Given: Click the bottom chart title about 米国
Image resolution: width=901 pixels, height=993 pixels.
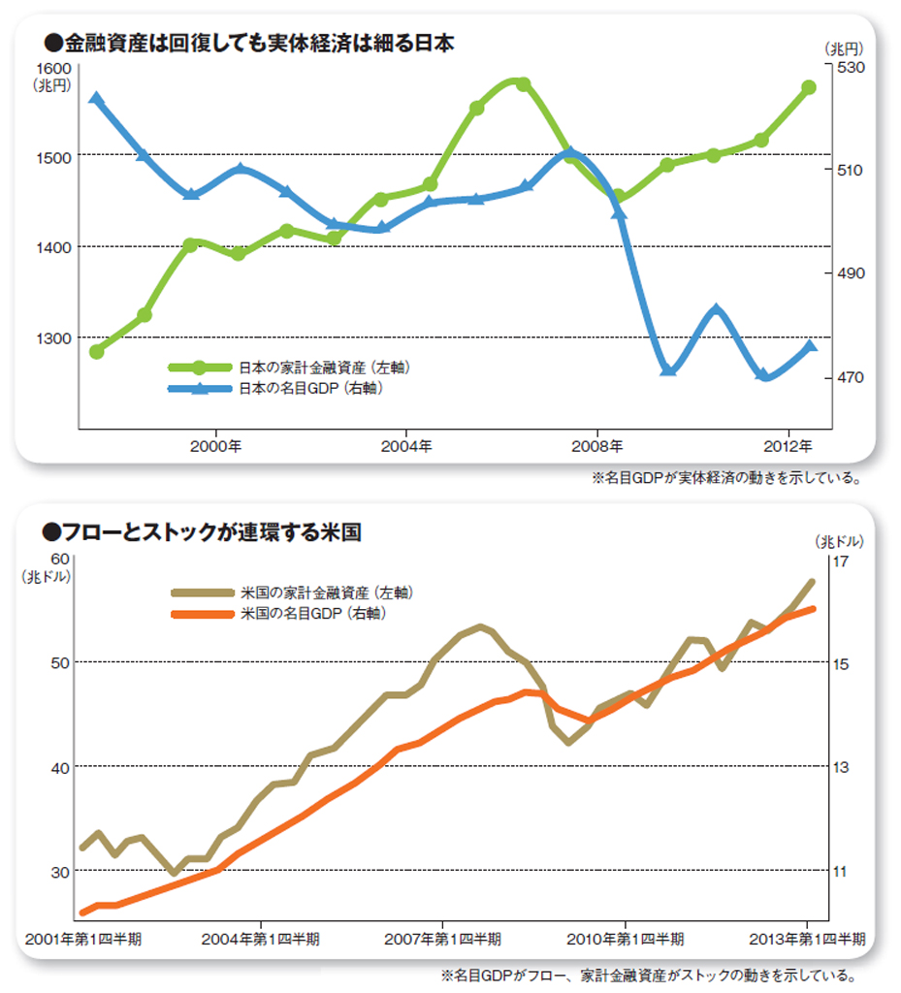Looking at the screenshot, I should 203,531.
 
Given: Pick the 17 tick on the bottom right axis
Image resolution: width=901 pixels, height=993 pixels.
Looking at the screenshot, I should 841,561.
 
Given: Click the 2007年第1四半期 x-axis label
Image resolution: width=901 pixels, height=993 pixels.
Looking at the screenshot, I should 443,940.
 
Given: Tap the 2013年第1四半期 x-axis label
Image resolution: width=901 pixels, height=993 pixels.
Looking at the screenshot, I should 807,940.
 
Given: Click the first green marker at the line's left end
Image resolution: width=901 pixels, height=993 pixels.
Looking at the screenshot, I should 96,351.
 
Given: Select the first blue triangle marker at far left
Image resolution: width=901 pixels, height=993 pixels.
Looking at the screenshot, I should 96,99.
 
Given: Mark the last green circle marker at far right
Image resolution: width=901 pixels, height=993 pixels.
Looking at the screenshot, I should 809,88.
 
